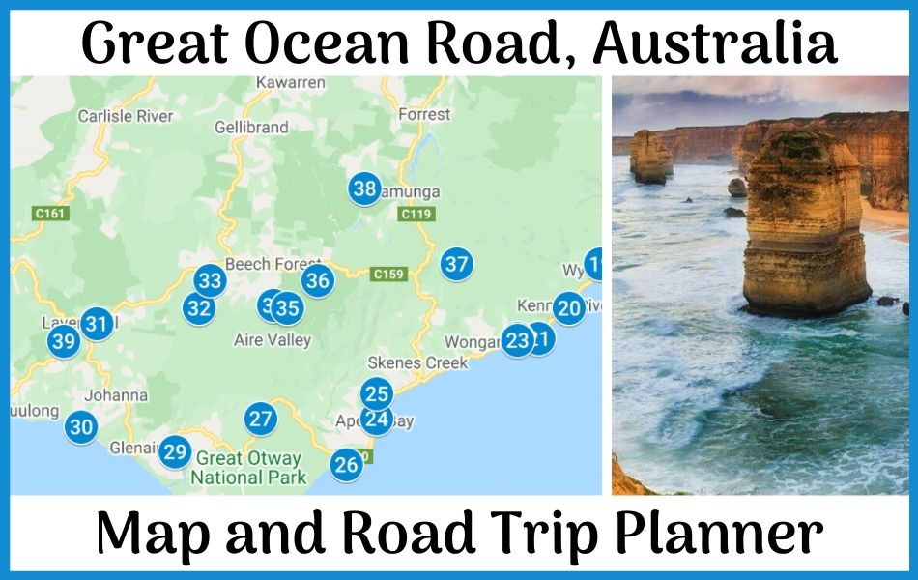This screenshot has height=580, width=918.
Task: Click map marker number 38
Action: (364, 188)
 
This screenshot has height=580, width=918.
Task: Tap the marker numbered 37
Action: (456, 263)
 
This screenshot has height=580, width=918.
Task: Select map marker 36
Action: (317, 281)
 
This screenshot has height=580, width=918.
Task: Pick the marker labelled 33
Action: (209, 281)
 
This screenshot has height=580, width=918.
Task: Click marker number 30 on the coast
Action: (82, 427)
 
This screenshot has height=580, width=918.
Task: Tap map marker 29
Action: (175, 451)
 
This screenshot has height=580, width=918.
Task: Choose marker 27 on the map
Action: (260, 419)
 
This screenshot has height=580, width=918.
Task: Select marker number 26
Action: (345, 465)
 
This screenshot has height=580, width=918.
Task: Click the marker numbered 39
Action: (64, 341)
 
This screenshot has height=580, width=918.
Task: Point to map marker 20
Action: (569, 308)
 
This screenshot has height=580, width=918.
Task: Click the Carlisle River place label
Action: (126, 116)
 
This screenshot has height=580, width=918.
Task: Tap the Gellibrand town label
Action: (251, 128)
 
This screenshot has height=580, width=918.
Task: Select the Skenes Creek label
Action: (417, 362)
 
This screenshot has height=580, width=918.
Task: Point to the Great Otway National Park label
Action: (248, 468)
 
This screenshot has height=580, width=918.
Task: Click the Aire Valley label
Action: (273, 340)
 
